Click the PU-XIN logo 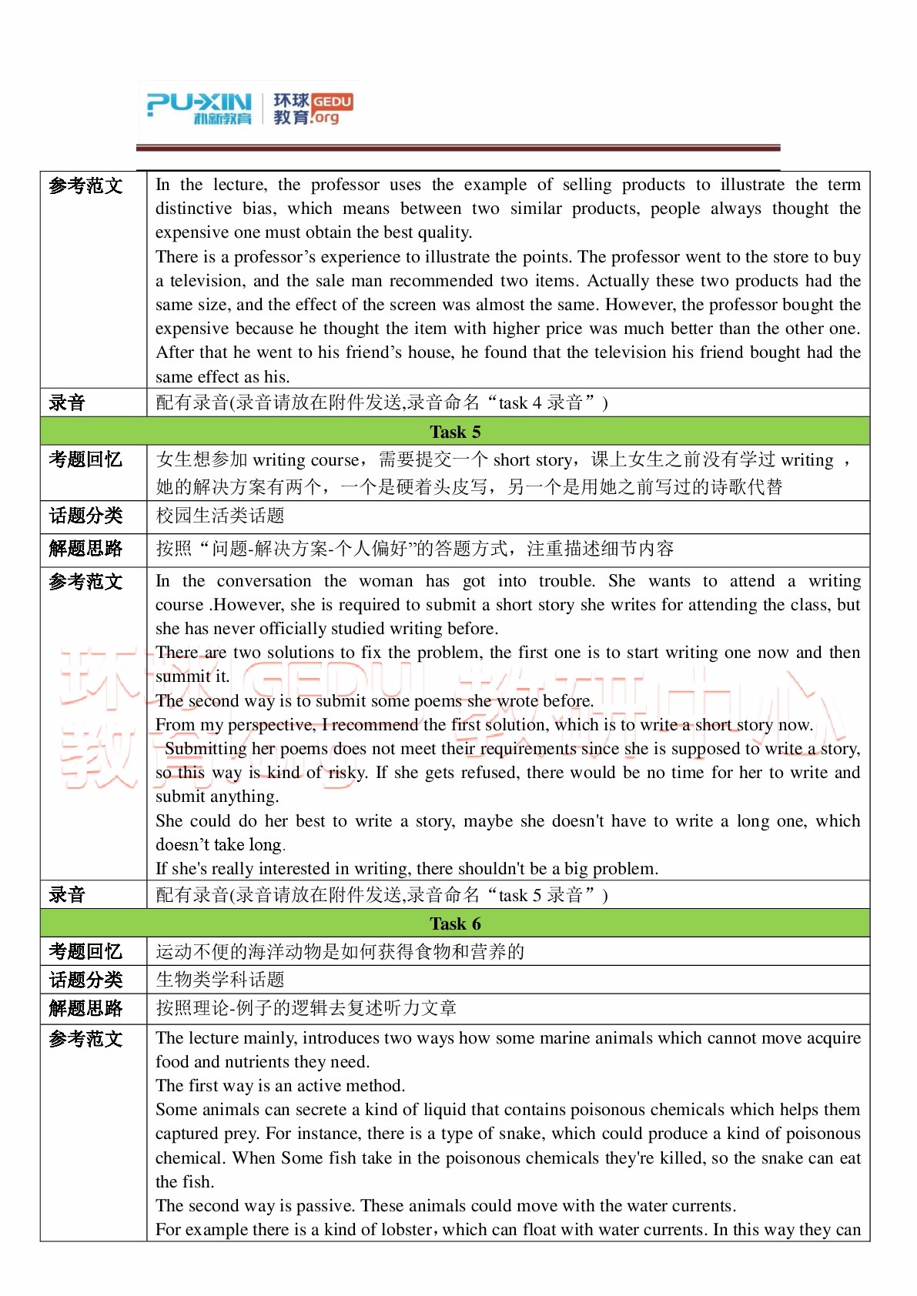pyautogui.click(x=199, y=108)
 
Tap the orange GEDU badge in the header pyautogui.click(x=333, y=102)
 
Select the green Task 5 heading pyautogui.click(x=454, y=432)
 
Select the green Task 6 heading pyautogui.click(x=454, y=924)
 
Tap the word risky pyautogui.click(x=346, y=773)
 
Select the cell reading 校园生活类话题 pyautogui.click(x=220, y=516)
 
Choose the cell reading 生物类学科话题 pyautogui.click(x=220, y=980)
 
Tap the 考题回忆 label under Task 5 pyautogui.click(x=85, y=459)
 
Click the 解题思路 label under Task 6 pyautogui.click(x=85, y=1008)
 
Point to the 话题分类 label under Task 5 pyautogui.click(x=85, y=516)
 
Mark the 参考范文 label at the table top pyautogui.click(x=85, y=185)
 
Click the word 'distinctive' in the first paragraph pyautogui.click(x=193, y=209)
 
